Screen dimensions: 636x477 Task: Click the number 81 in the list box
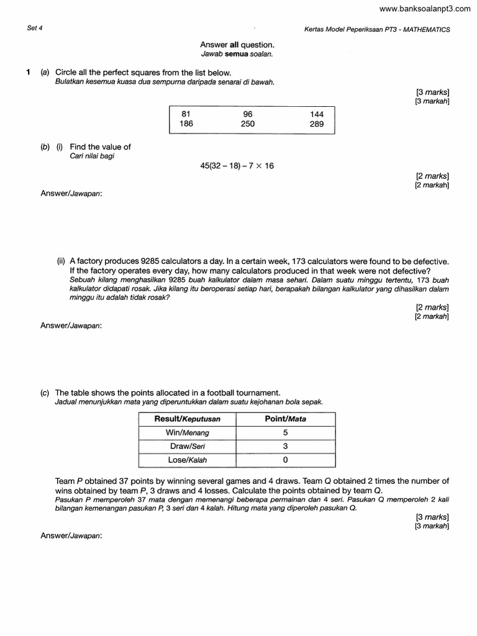pos(185,114)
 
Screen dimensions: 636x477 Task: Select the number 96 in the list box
pos(248,114)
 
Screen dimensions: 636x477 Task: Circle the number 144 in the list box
pos(317,114)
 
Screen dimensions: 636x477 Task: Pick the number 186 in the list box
pos(186,124)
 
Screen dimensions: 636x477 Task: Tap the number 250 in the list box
pos(248,124)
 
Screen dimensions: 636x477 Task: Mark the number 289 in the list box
pos(317,124)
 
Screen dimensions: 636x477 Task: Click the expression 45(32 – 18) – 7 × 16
pos(237,166)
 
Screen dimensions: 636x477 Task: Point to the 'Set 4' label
pos(35,29)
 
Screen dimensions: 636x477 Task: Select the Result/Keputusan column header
pos(187,419)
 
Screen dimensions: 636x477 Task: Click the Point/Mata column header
pos(285,419)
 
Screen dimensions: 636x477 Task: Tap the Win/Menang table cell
pos(187,433)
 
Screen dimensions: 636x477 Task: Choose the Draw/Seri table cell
pos(187,447)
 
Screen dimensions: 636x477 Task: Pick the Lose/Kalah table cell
pos(187,460)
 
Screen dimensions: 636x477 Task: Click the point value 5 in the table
pos(285,433)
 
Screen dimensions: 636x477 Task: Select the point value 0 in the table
pos(285,460)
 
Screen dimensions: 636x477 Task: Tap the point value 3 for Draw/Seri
pos(285,447)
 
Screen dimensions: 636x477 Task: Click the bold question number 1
pos(29,73)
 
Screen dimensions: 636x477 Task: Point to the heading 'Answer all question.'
pos(237,45)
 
